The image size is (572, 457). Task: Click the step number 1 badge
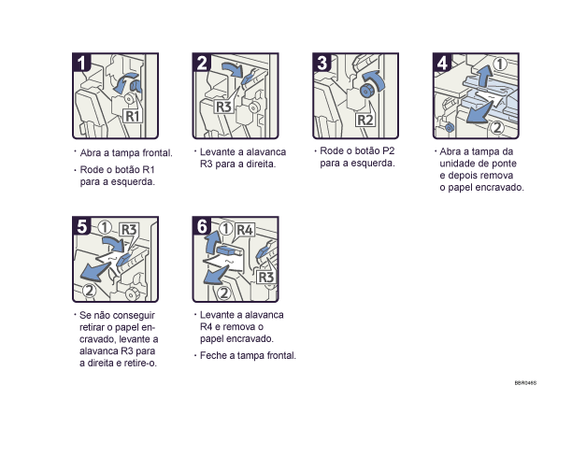(84, 64)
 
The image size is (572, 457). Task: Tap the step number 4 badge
(443, 64)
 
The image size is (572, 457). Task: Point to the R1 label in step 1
(134, 117)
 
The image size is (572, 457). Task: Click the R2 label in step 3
(365, 121)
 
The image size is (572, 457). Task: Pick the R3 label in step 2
(223, 107)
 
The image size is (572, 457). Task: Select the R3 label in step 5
(128, 229)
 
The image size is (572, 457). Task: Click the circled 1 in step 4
(501, 64)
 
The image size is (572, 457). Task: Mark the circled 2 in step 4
(498, 127)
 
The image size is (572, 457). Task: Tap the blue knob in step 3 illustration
(366, 91)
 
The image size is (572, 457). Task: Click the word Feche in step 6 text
(214, 356)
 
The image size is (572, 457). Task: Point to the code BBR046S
(525, 382)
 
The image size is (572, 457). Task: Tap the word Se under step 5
(85, 316)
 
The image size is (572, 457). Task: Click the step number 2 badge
(204, 64)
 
